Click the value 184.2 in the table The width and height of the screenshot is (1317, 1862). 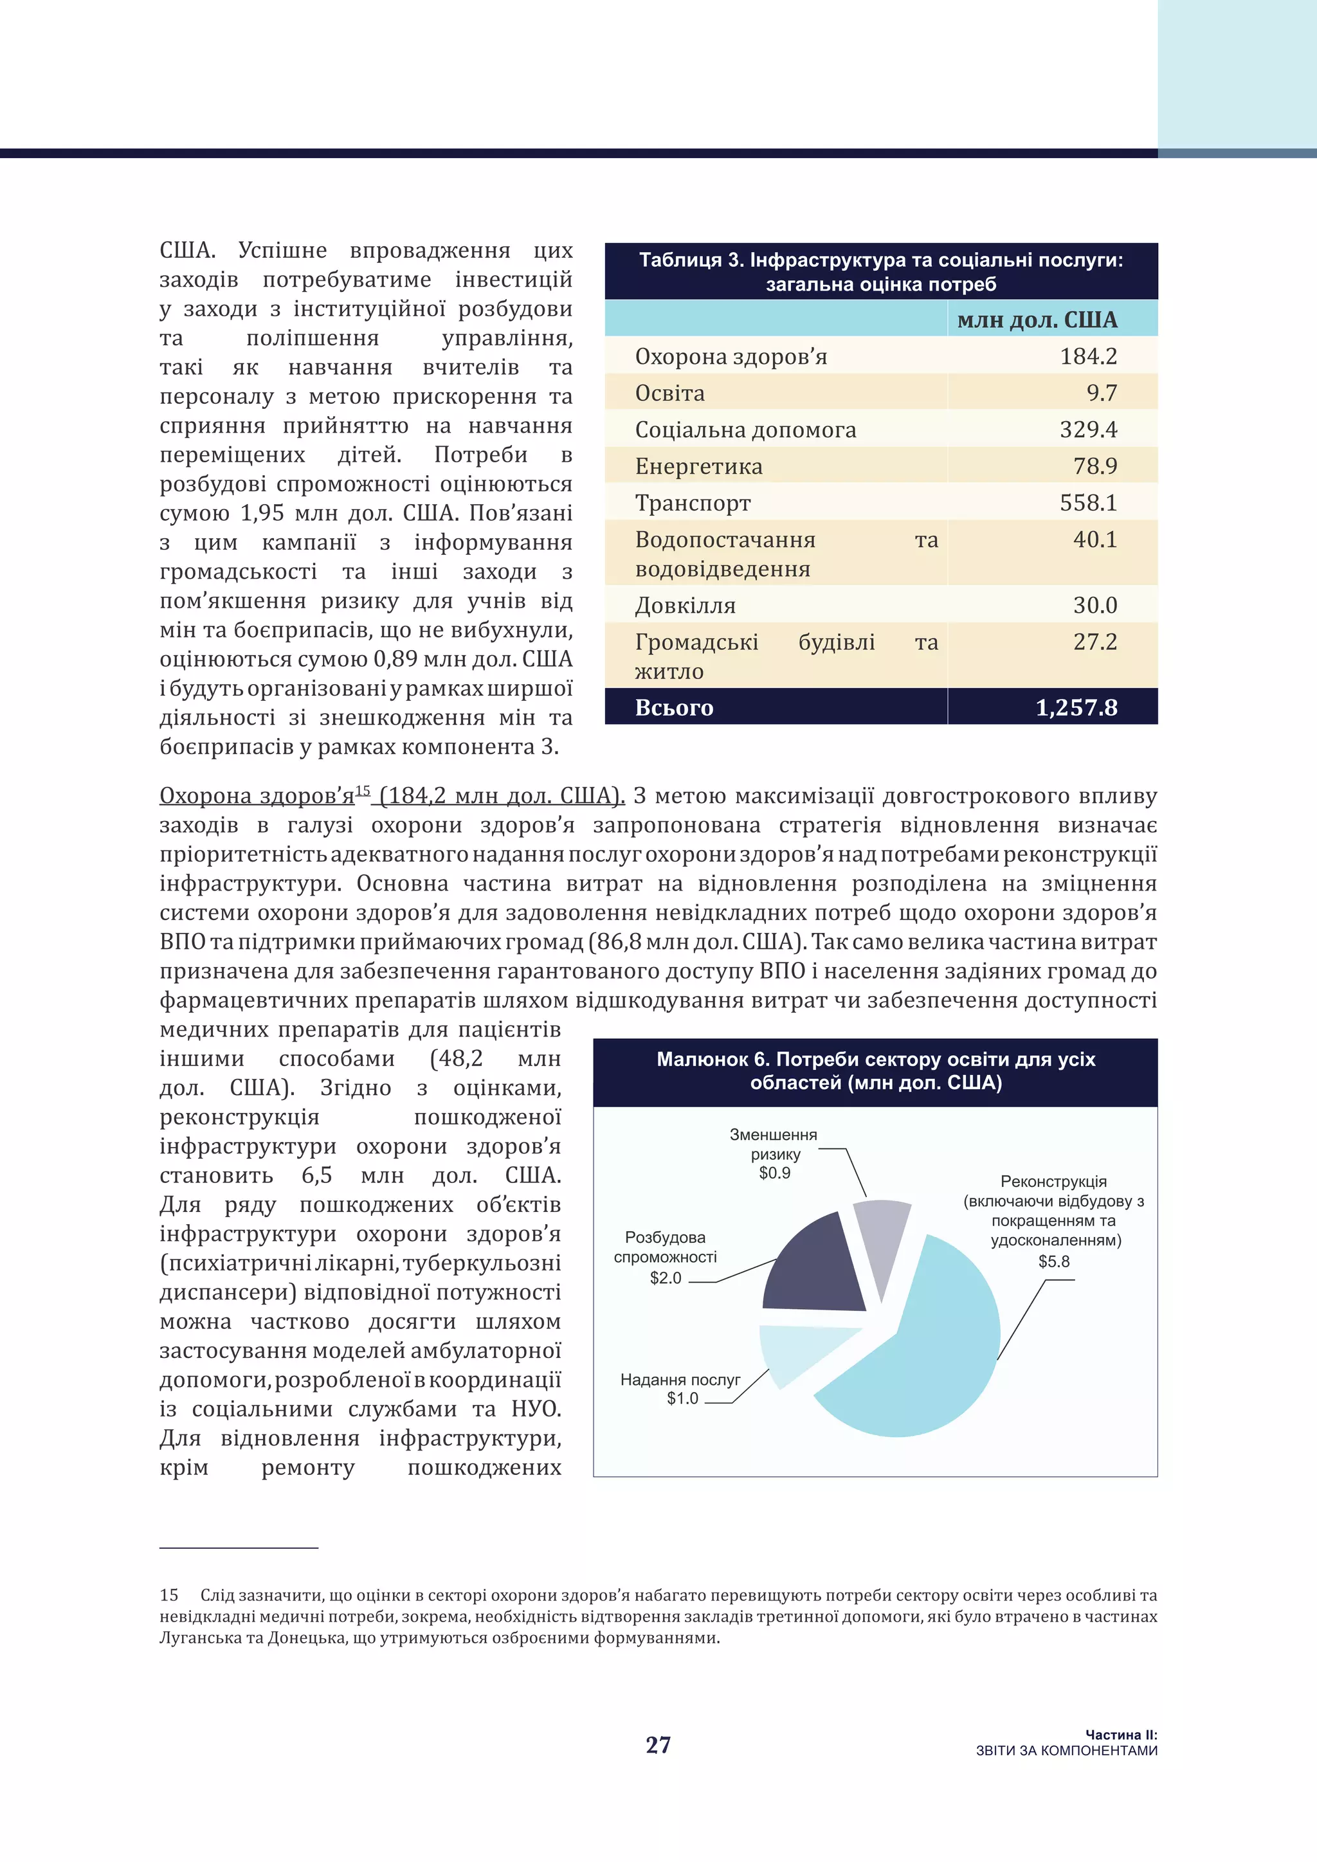pyautogui.click(x=1087, y=356)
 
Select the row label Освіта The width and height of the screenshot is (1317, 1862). pyautogui.click(x=670, y=393)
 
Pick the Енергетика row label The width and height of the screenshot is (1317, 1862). pyautogui.click(x=698, y=466)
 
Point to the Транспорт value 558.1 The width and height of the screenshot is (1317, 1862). pyautogui.click(x=1087, y=503)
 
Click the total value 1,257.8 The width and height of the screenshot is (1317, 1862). pyautogui.click(x=1076, y=707)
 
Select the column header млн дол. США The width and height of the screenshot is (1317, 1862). pyautogui.click(x=1037, y=320)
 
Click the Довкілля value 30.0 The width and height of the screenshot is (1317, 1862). pyautogui.click(x=1094, y=605)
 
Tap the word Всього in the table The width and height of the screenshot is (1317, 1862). pyautogui.click(x=674, y=707)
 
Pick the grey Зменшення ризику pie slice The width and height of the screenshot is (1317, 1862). pyautogui.click(x=882, y=1237)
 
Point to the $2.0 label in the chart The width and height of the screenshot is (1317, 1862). pyautogui.click(x=665, y=1278)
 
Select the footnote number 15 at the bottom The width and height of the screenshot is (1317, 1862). pyautogui.click(x=168, y=1595)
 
